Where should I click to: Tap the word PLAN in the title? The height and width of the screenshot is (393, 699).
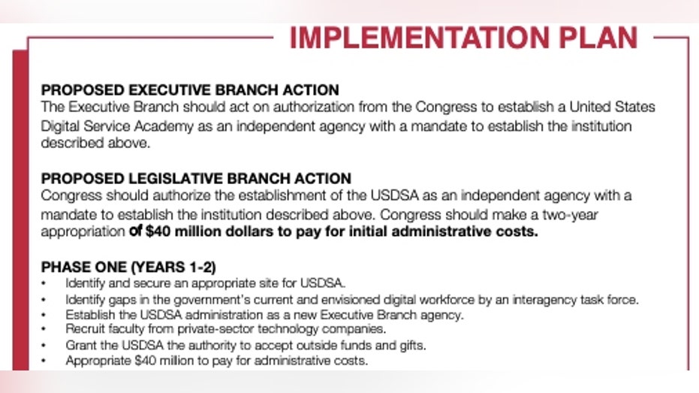pyautogui.click(x=598, y=38)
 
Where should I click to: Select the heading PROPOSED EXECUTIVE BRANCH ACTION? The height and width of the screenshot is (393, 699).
pyautogui.click(x=190, y=89)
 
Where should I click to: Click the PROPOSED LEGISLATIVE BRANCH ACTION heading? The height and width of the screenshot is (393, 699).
pyautogui.click(x=196, y=178)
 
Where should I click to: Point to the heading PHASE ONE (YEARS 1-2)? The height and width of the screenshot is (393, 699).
pyautogui.click(x=128, y=267)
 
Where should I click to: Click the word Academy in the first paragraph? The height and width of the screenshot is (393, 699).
pyautogui.click(x=164, y=127)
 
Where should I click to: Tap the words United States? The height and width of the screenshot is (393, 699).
pyautogui.click(x=612, y=107)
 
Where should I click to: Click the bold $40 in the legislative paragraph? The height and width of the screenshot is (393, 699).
pyautogui.click(x=158, y=231)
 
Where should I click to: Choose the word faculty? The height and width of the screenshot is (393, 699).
pyautogui.click(x=128, y=329)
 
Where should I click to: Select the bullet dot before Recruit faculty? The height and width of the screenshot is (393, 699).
pyautogui.click(x=44, y=330)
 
